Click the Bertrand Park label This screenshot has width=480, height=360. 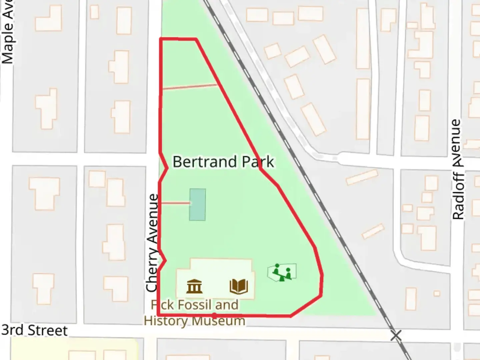click(223, 162)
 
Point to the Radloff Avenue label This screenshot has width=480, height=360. click(458, 169)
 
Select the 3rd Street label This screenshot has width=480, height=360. click(34, 330)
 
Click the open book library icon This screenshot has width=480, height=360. click(239, 286)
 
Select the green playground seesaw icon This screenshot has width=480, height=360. click(282, 273)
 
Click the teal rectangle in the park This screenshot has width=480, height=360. click(197, 204)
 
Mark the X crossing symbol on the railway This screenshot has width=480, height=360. click(396, 335)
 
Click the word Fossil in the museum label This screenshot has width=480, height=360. click(195, 305)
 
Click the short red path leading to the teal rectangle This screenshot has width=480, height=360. click(175, 203)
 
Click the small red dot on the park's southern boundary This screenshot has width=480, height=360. click(214, 314)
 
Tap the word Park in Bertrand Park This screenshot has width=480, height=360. click(258, 162)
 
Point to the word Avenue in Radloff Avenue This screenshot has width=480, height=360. click(458, 143)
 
